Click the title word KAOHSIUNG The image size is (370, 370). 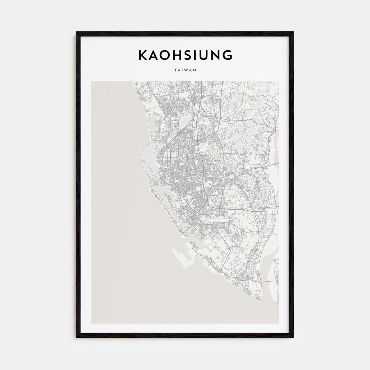point(185,55)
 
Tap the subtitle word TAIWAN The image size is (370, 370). point(185,70)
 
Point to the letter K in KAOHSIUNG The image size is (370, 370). point(142,55)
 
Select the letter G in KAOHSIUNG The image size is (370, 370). point(228,55)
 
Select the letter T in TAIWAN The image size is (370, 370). point(176,70)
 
